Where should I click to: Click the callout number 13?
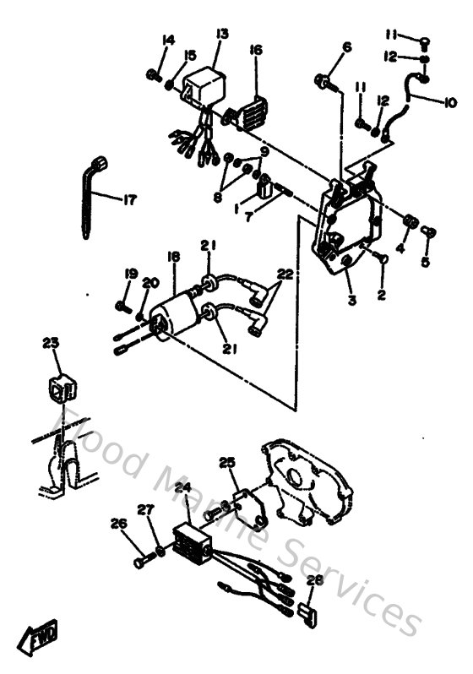[222, 34]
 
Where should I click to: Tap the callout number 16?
[256, 51]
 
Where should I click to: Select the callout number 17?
[128, 200]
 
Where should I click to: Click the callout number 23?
[52, 343]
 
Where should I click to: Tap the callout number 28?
[314, 581]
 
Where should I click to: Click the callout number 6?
[345, 48]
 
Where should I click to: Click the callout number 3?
[351, 301]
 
